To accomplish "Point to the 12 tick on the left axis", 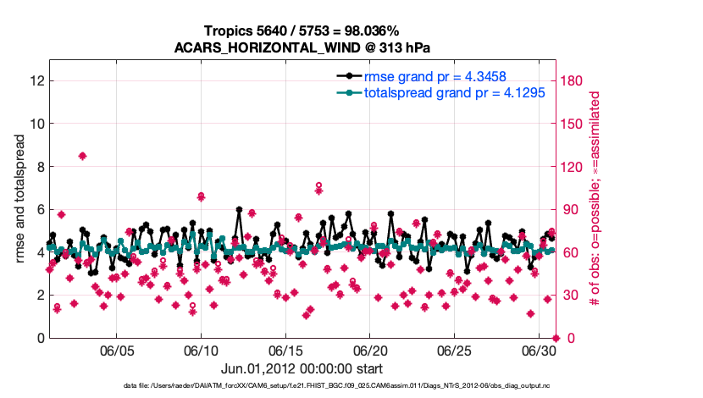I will point(36,80).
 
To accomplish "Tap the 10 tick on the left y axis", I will point(36,124).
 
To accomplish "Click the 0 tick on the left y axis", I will point(40,338).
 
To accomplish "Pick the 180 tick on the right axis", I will point(573,80).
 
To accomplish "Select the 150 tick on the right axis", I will point(573,124).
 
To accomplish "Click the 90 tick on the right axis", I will point(570,209).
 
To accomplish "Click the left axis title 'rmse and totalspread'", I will point(20,199).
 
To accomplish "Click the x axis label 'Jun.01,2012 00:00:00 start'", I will point(302,368).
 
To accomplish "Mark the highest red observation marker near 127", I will point(82,156).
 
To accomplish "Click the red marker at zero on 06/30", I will point(556,338).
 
